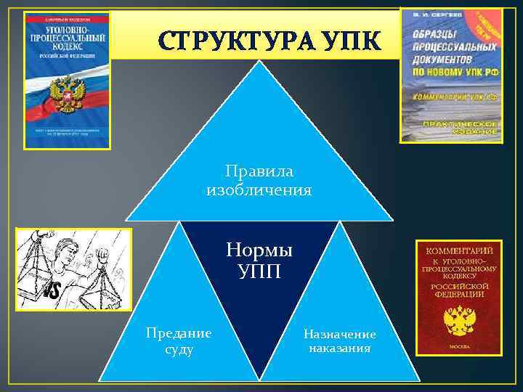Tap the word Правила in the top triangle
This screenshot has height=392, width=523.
pos(259,173)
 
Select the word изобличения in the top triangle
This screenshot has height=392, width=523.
pos(259,190)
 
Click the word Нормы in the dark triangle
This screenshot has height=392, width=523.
pos(259,251)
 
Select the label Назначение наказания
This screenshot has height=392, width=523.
pos(339,341)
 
